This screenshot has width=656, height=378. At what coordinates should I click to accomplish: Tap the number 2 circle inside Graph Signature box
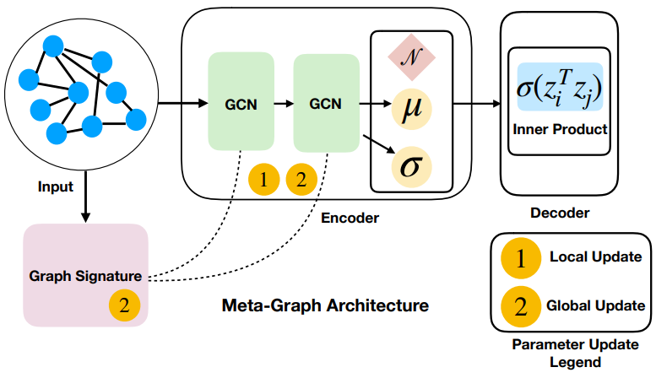[x=124, y=306]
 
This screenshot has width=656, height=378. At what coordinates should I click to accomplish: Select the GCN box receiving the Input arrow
[x=241, y=105]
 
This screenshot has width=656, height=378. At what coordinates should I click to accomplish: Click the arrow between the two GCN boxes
[x=284, y=105]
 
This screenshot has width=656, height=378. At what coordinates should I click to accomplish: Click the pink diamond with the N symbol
[x=410, y=59]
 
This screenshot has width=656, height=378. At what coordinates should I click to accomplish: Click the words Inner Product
[x=559, y=131]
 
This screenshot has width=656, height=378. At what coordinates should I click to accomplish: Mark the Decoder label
[x=559, y=213]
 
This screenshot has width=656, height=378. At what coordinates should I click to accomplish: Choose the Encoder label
[x=350, y=218]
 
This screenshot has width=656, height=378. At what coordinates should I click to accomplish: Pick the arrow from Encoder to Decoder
[x=476, y=105]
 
